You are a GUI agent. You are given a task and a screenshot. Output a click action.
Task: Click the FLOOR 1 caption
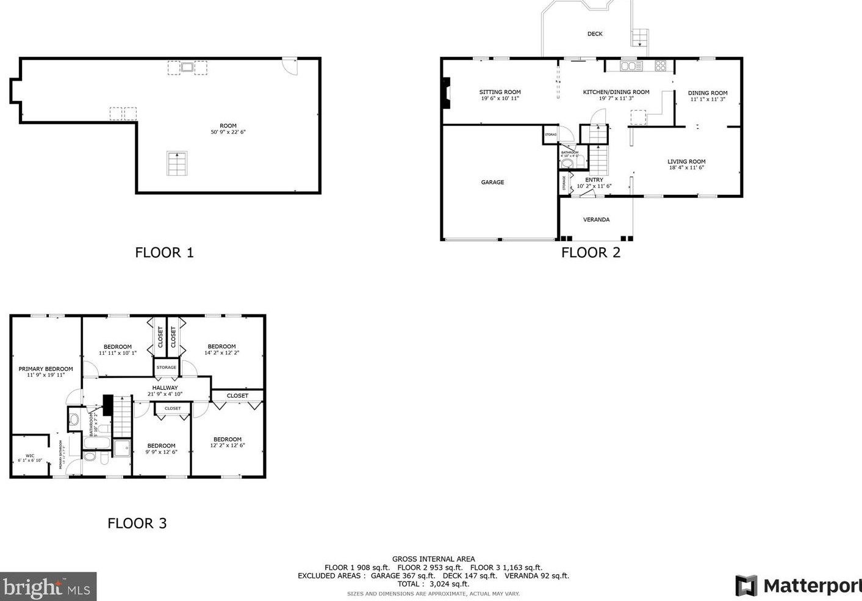pos(164,252)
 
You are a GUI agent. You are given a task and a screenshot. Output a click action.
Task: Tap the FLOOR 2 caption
pos(591,252)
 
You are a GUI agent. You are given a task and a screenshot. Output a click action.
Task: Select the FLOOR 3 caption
pos(137,523)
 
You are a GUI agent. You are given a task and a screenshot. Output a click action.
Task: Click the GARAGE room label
pos(492,182)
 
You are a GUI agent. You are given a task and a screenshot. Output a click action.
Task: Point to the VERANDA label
pos(596,219)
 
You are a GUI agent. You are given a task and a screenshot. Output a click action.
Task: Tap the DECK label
pos(595,34)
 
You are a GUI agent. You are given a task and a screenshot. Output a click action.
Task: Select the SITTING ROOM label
pos(500,92)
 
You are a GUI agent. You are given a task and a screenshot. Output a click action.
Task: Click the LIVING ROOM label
pos(686,162)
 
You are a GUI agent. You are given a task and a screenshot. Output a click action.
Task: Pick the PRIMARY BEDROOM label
pos(46,369)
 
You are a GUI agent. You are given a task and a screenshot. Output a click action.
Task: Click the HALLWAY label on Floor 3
pos(165,388)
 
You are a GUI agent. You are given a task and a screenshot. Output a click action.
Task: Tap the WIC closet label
pos(30,456)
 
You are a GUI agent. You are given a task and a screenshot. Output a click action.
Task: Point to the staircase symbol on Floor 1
pos(177,164)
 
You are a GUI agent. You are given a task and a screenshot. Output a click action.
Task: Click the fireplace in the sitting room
pos(446,93)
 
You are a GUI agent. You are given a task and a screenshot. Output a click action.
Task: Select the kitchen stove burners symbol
pos(661,65)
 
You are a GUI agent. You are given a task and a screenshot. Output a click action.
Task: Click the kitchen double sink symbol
pos(631,65)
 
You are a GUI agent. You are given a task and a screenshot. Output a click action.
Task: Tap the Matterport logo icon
pos(745,586)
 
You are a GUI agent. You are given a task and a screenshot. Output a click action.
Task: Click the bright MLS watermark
pos(48,587)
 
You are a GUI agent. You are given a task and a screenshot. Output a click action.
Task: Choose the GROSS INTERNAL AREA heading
pos(433,559)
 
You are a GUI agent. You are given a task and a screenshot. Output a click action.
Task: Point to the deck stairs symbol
pos(639,38)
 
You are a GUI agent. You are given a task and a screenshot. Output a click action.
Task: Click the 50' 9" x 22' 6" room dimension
pos(228,132)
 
